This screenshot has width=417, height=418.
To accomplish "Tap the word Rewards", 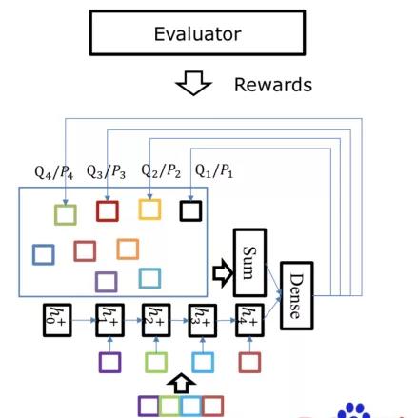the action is tap(273, 85).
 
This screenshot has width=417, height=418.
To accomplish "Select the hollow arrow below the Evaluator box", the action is tap(193, 83).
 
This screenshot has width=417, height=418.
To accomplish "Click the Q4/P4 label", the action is tap(54, 172).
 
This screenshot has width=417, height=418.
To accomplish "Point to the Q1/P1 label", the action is tap(214, 171).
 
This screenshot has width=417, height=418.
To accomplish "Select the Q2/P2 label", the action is tap(161, 171).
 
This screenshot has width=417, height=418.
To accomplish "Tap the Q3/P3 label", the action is tap(106, 172).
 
